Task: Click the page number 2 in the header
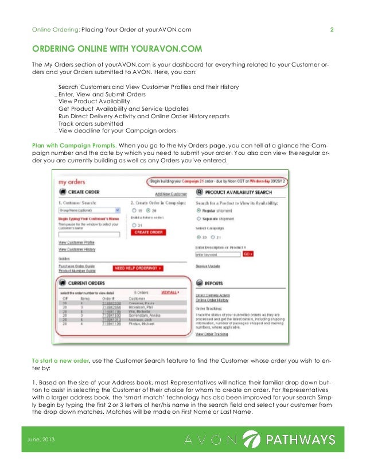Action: (x=332, y=30)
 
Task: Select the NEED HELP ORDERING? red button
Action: (x=138, y=268)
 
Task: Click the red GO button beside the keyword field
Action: (x=248, y=253)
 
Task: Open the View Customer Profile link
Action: (x=77, y=243)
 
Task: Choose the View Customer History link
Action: (x=77, y=249)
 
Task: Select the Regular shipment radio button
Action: (x=199, y=210)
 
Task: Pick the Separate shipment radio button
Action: (x=199, y=218)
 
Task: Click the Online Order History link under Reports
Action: (x=212, y=300)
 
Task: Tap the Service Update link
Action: (x=209, y=266)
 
